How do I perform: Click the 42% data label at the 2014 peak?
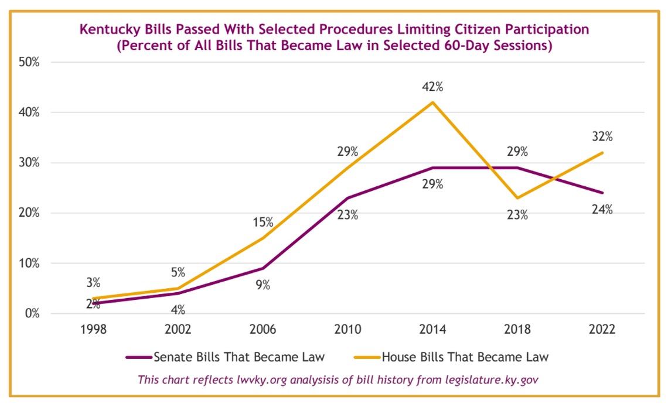(432, 87)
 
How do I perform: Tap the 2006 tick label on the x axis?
(263, 329)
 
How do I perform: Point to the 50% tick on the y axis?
(28, 63)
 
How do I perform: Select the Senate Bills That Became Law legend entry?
(225, 356)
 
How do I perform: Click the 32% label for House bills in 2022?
(602, 137)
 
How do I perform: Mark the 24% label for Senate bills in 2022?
(602, 209)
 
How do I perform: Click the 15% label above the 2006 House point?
(263, 222)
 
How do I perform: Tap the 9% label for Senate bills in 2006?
(263, 285)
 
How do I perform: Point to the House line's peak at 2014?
(432, 102)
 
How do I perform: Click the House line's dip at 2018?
(517, 198)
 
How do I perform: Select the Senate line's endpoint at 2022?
(602, 193)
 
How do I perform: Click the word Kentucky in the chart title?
(108, 29)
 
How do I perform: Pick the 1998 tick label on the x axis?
(93, 329)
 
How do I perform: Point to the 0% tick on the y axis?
(30, 313)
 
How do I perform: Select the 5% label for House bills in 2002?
(178, 272)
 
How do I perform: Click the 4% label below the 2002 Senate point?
(178, 309)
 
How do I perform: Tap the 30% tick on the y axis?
(28, 163)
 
